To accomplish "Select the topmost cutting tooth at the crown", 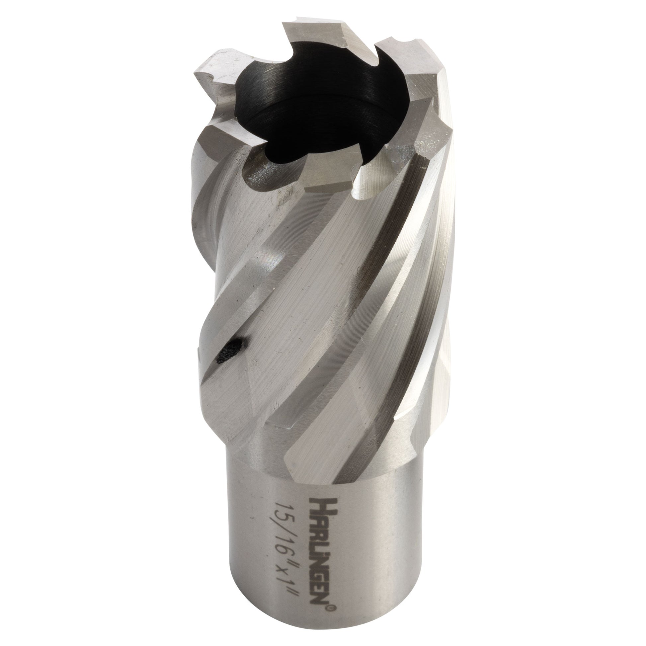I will pos(318,34).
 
